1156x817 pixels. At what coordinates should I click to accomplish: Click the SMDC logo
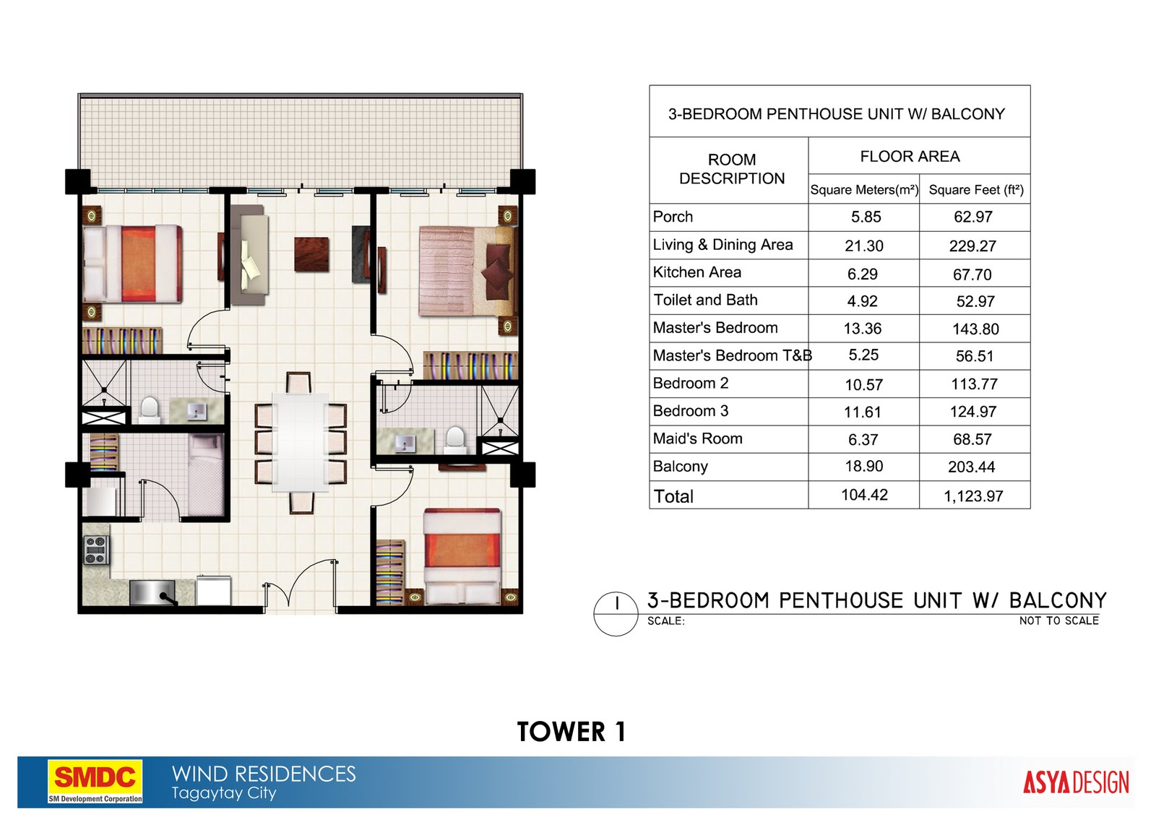point(95,780)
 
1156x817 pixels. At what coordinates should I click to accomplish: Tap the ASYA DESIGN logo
point(1075,782)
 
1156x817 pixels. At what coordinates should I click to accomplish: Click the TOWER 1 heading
point(571,732)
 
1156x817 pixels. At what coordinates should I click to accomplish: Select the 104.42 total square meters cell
point(864,496)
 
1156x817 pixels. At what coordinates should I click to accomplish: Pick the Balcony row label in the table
point(680,467)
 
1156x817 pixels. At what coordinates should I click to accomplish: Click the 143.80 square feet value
point(975,329)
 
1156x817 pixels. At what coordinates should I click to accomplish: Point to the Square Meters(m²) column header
point(864,190)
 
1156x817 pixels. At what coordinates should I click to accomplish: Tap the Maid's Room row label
point(697,439)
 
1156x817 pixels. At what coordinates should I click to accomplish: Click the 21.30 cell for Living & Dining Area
point(864,246)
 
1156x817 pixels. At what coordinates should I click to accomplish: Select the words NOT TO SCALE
point(1058,621)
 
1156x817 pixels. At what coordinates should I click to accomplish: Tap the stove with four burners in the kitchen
point(96,550)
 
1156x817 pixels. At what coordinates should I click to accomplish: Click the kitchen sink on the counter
point(152,593)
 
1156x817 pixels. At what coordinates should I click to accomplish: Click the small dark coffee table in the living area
point(311,254)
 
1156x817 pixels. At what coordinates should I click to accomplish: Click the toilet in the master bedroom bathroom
point(455,438)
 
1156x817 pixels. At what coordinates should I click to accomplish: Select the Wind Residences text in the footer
point(264,774)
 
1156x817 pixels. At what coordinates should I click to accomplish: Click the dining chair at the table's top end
point(299,383)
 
